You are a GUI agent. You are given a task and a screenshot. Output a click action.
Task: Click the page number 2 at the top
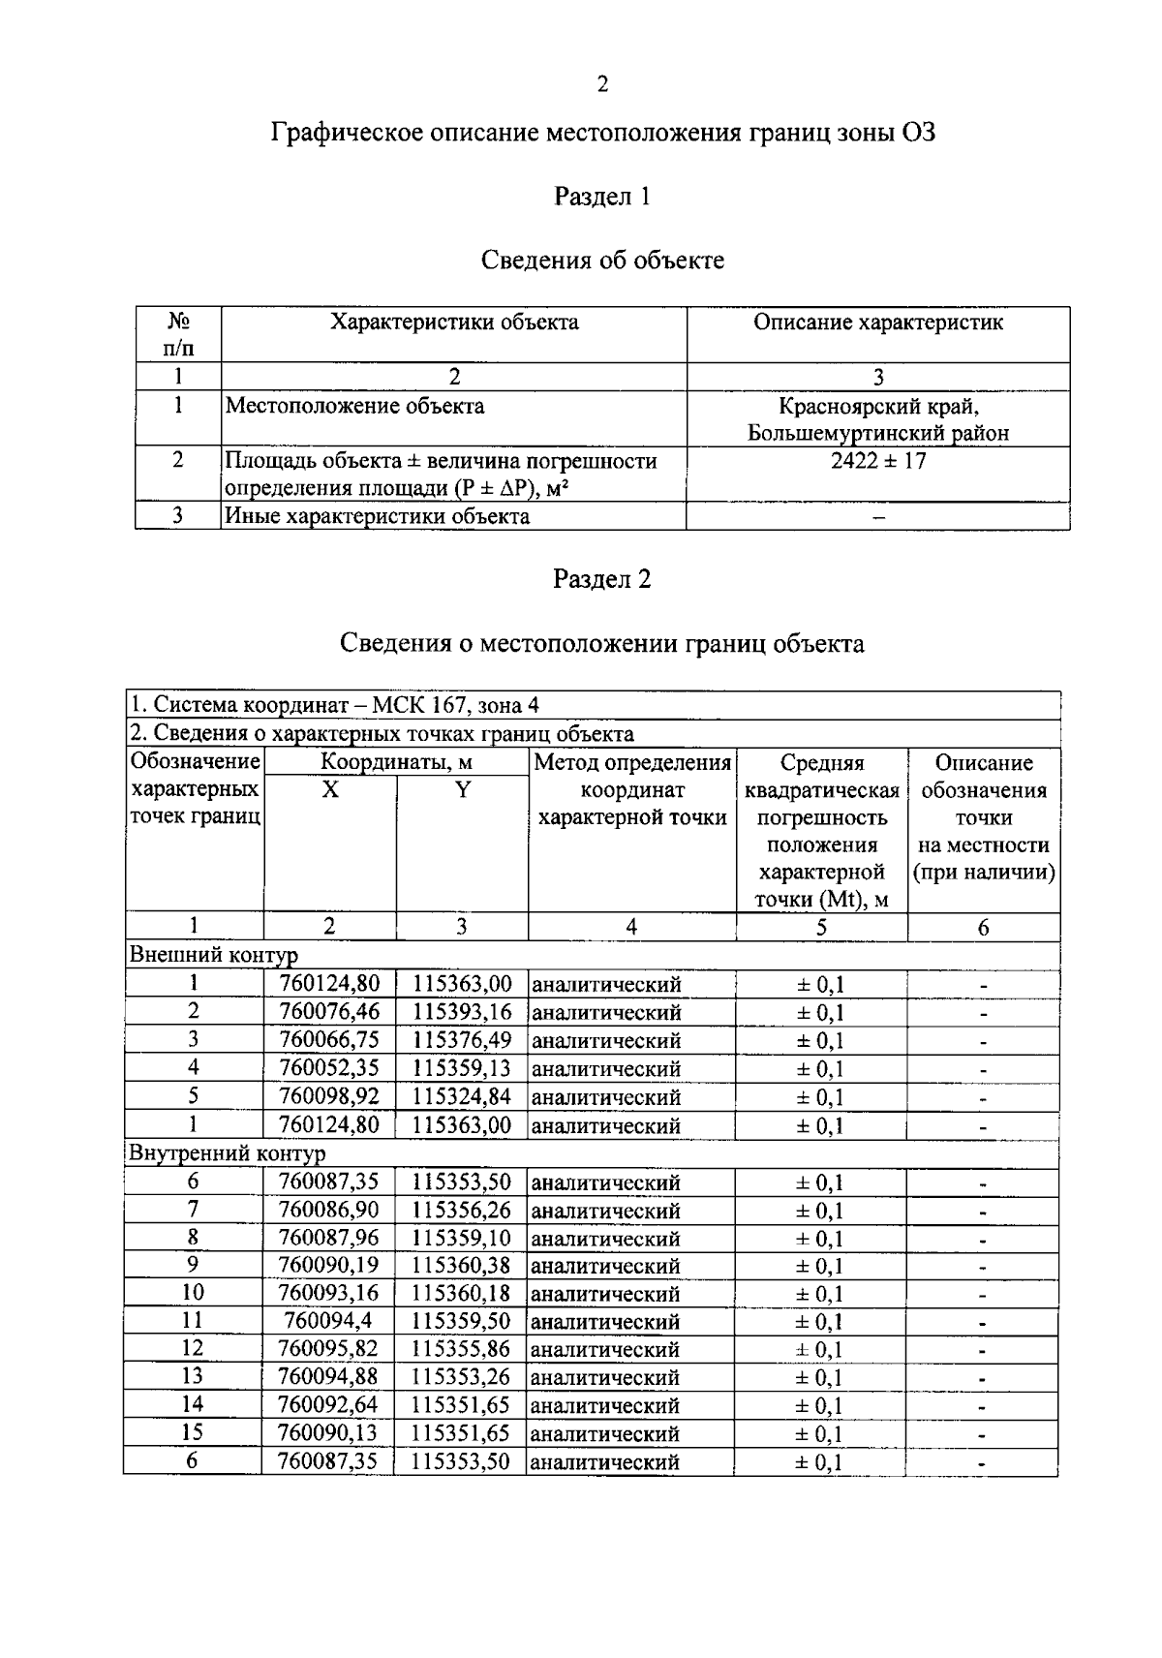click(601, 85)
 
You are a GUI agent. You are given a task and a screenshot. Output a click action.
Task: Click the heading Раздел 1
click(601, 197)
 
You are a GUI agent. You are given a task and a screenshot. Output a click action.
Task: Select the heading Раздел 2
click(601, 579)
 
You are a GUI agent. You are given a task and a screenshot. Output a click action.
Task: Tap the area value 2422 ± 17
click(877, 461)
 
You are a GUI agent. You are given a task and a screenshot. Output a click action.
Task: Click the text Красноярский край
click(877, 407)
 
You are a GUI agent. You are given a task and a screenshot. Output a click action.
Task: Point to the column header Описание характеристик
click(877, 322)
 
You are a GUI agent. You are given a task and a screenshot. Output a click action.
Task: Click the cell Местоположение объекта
click(354, 406)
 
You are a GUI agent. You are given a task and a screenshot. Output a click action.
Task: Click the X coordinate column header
click(330, 790)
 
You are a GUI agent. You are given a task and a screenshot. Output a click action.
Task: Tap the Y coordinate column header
click(462, 790)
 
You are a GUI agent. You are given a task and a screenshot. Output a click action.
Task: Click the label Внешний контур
click(213, 956)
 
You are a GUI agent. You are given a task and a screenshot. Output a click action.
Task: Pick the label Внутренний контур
click(228, 1153)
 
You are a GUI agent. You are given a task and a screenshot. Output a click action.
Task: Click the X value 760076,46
click(329, 1013)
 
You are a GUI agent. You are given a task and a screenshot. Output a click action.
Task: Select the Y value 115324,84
click(462, 1097)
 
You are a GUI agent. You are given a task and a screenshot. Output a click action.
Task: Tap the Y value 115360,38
click(462, 1266)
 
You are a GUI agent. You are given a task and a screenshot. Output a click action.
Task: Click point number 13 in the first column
click(193, 1376)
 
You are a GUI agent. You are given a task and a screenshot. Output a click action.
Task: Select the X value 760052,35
click(329, 1069)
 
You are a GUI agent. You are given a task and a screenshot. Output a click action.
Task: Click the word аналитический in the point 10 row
click(606, 1295)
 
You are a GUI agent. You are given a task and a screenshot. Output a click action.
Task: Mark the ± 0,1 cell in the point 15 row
click(820, 1434)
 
